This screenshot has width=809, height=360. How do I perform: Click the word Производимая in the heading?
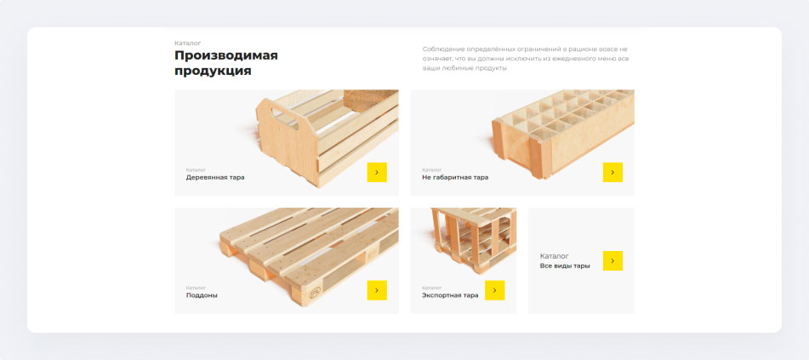pos(226,55)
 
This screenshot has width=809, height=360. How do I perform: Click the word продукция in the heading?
pos(213,71)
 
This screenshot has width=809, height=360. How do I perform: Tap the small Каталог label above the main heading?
pos(188,43)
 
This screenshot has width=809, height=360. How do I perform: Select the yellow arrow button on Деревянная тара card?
pos(377,172)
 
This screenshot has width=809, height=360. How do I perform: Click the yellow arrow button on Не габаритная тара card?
pos(612,172)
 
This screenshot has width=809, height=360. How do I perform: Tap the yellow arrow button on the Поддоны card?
pos(377,290)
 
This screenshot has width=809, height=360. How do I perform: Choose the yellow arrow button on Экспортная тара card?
pos(494,290)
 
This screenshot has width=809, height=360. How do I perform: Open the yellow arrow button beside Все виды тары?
pos(612,260)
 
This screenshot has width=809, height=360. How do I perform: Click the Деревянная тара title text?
pos(215,178)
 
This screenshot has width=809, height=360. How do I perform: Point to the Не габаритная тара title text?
pos(455,178)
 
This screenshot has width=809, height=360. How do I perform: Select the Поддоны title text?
pos(202,296)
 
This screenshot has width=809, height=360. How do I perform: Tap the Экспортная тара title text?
pos(450,296)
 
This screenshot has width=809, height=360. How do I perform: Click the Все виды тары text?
pos(565,266)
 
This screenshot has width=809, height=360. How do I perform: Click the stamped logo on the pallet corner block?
pos(314,293)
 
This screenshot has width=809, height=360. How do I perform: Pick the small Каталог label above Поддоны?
pos(196,288)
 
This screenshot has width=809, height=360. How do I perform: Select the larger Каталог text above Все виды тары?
pos(555,256)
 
